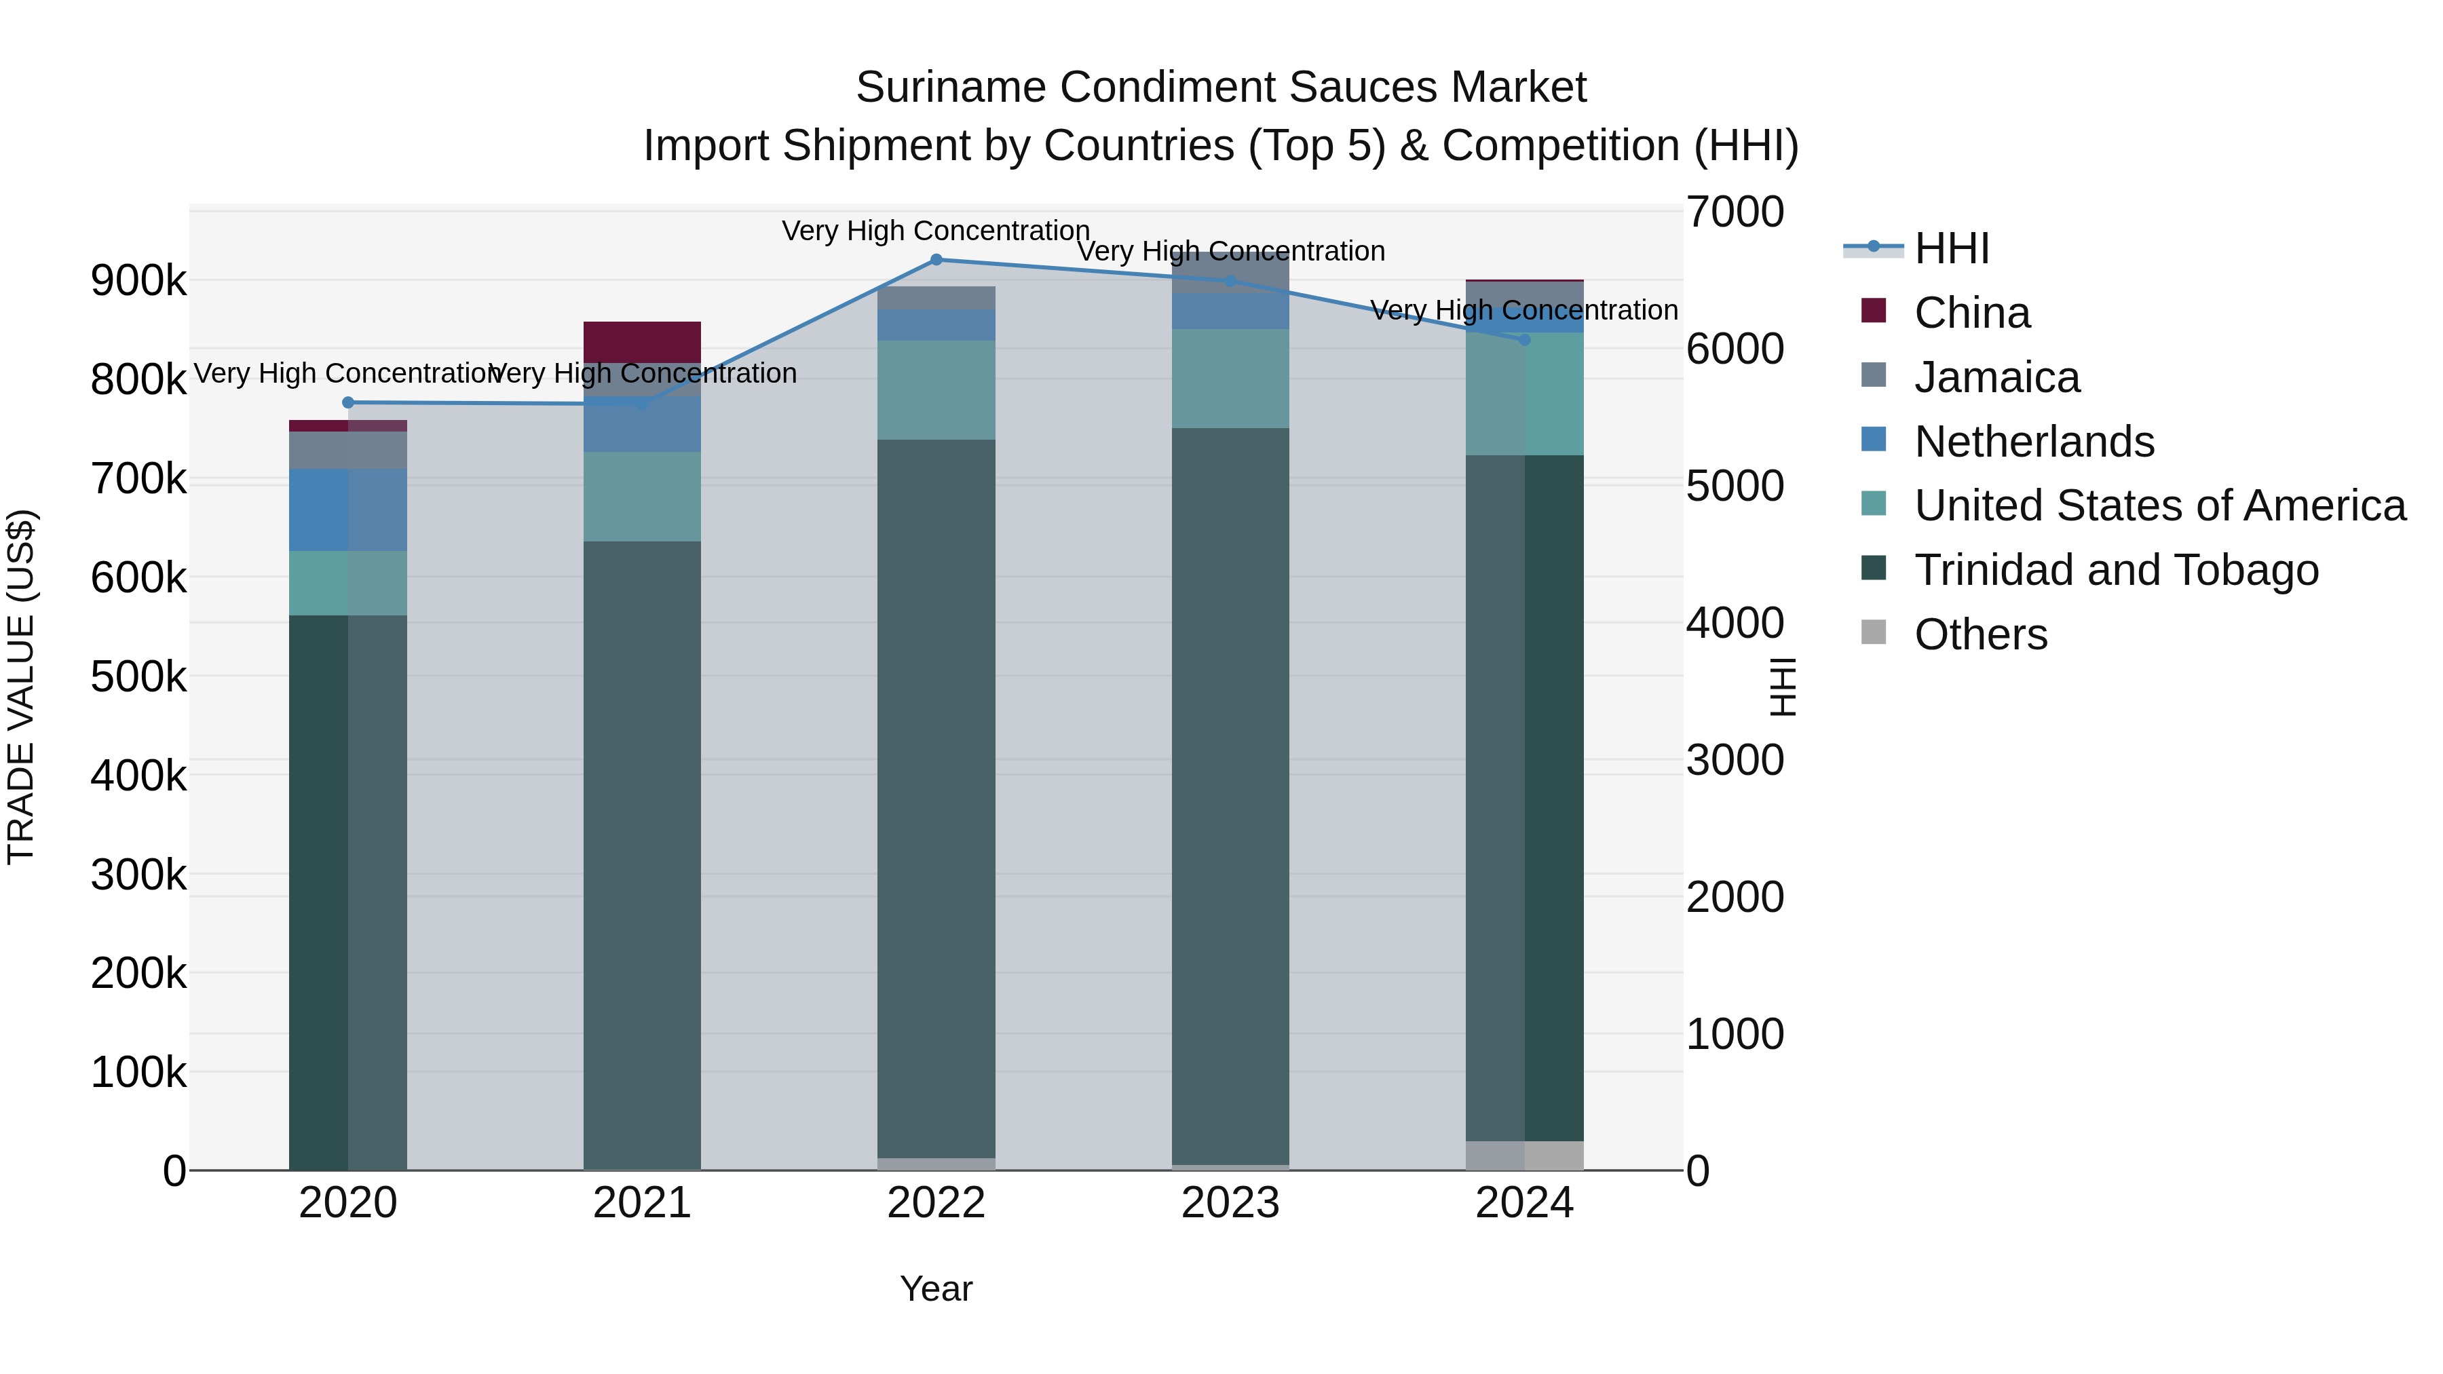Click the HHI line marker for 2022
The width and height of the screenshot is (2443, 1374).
(936, 260)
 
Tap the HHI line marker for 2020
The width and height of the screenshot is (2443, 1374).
(348, 402)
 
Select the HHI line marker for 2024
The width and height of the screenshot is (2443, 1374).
(1524, 339)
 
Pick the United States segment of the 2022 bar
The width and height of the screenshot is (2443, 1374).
(936, 389)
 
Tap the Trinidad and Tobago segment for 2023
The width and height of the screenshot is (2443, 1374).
(1230, 797)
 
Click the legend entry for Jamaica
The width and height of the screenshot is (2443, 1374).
(1996, 377)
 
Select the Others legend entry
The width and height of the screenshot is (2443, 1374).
(1980, 634)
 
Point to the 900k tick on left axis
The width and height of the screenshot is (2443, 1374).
(138, 281)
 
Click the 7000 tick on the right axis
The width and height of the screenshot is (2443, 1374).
(1735, 212)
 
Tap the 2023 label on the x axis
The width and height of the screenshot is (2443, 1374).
(1230, 1203)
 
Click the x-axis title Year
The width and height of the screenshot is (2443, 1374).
(936, 1289)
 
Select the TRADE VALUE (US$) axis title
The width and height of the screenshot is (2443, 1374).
(21, 687)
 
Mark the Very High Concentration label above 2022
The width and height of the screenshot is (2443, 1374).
(935, 231)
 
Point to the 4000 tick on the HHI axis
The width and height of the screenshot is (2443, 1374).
(1735, 623)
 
